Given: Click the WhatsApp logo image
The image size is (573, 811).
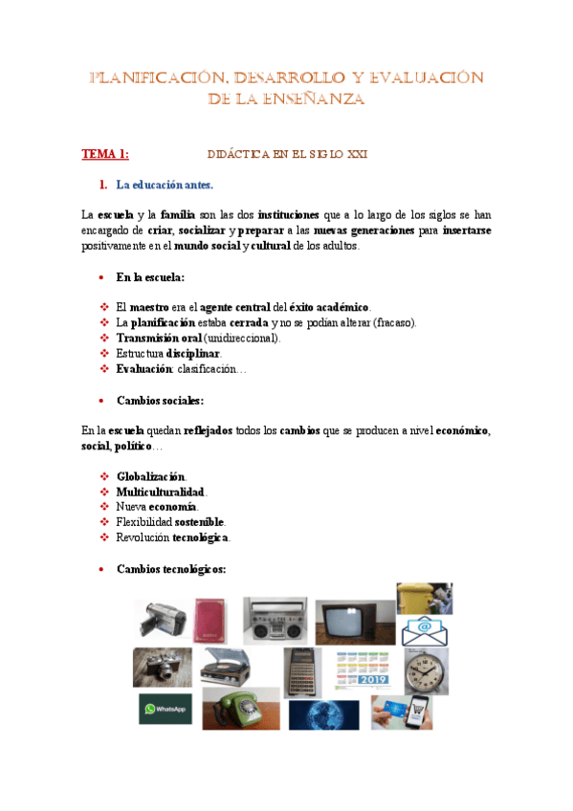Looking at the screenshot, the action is click(165, 709).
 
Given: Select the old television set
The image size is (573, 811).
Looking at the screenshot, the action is click(354, 622).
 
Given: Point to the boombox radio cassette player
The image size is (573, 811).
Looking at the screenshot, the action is click(275, 621).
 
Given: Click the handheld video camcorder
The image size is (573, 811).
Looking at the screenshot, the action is click(159, 620).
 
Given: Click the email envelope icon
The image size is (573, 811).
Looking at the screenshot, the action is click(426, 630).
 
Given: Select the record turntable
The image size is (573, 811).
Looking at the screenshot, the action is click(226, 667).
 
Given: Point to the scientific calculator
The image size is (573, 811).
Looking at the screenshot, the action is click(302, 671).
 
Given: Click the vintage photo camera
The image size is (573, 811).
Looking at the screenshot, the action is click(162, 667).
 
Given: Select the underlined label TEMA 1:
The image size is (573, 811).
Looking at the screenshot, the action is click(105, 153).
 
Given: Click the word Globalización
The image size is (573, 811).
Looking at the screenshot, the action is click(151, 476).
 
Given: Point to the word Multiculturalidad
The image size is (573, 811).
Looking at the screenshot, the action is click(161, 492).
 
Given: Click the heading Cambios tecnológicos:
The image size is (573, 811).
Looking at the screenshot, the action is click(170, 569).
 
